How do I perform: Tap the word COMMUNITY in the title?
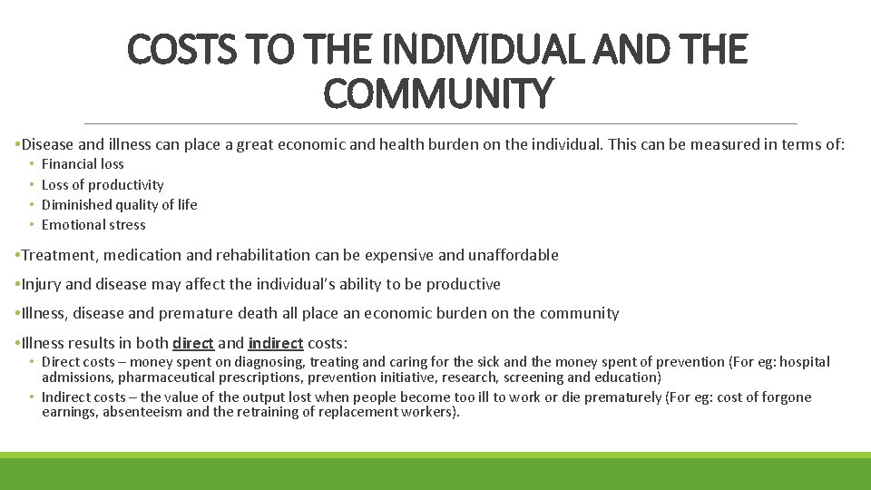click(436, 94)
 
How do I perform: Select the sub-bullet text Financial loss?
click(83, 164)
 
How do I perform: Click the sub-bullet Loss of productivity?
click(103, 185)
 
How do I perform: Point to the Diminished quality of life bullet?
click(119, 205)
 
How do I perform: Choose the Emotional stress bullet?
click(93, 225)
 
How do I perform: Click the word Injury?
click(41, 284)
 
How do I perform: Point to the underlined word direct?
click(192, 343)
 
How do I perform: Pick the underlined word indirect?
click(276, 343)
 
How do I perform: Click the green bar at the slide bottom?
click(435, 472)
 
